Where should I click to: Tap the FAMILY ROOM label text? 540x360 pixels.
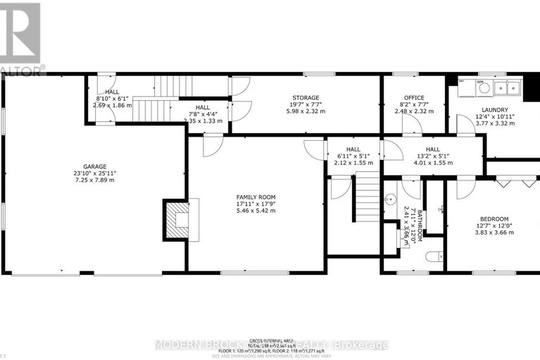tap(255, 197)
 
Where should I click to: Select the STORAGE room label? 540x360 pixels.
tap(306, 98)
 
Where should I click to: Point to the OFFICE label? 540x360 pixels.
tap(413, 98)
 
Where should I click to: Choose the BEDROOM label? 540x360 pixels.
tap(494, 219)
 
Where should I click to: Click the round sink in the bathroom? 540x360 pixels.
tap(389, 199)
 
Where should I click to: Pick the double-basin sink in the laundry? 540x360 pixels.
tap(506, 88)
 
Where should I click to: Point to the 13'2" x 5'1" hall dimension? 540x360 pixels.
tap(432, 156)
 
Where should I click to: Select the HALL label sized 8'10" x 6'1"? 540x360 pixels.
tap(112, 92)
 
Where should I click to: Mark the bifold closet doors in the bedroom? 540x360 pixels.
tap(515, 182)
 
